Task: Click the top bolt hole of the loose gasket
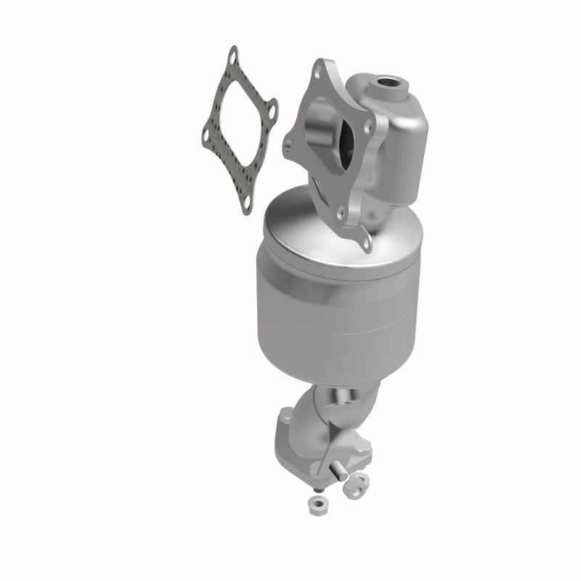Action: pos(232,54)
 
